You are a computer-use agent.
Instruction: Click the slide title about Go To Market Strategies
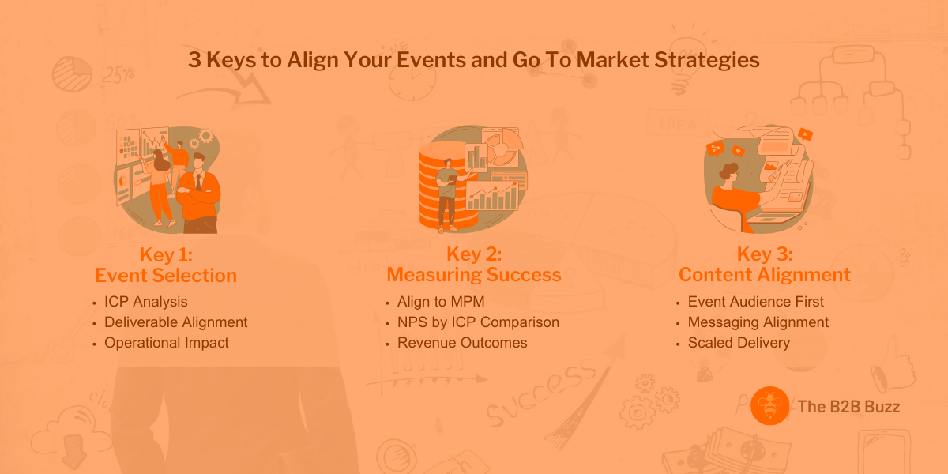click(x=474, y=60)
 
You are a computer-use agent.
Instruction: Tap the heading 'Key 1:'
click(x=166, y=254)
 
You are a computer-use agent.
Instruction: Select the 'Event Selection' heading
click(x=166, y=275)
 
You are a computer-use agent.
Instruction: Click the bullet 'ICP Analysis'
click(x=145, y=302)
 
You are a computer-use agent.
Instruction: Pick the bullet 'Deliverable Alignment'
click(x=175, y=322)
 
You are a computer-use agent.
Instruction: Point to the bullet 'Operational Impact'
click(x=166, y=343)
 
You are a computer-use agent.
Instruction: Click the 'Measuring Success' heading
click(x=474, y=275)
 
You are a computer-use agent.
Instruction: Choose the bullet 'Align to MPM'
click(x=440, y=302)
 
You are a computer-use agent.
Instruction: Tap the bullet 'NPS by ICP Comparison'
click(x=478, y=322)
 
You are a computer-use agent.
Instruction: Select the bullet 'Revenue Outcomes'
click(x=461, y=343)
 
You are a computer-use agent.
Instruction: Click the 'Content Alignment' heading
click(x=765, y=275)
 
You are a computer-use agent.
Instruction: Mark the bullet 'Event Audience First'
click(x=755, y=302)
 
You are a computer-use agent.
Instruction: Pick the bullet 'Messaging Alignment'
click(x=758, y=322)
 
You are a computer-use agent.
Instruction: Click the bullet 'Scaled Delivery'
click(x=739, y=343)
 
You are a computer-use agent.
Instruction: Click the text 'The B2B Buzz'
click(x=849, y=407)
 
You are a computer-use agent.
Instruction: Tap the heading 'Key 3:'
click(x=765, y=254)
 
